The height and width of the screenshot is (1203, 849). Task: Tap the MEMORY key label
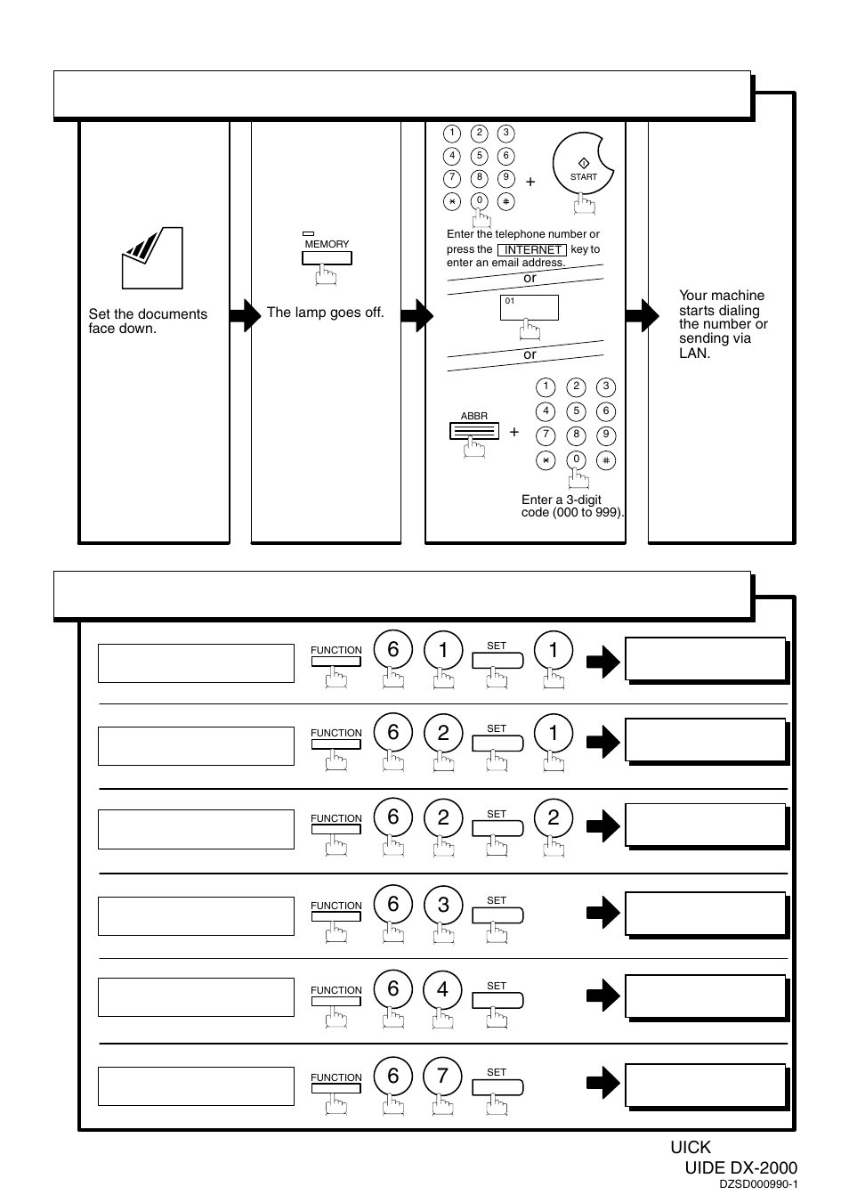click(x=327, y=244)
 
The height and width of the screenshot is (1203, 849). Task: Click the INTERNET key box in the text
click(x=532, y=249)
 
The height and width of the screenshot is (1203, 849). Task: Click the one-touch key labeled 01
click(x=529, y=307)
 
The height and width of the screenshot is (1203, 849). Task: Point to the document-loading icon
click(x=152, y=257)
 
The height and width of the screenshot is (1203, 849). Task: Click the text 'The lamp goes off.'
click(x=326, y=313)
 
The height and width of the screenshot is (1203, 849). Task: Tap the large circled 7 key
click(x=443, y=1076)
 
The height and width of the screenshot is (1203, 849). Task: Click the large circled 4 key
click(x=443, y=988)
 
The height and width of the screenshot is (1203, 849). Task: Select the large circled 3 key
click(x=443, y=905)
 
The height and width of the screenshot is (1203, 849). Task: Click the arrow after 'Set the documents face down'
click(x=245, y=315)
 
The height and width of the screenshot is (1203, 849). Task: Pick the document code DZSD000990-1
click(x=757, y=1184)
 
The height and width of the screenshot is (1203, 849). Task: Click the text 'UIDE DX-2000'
click(x=740, y=1167)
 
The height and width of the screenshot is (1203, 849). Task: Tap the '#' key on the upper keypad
click(x=505, y=202)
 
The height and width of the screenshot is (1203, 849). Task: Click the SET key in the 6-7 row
click(x=497, y=1087)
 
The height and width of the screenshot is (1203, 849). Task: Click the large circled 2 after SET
click(x=553, y=817)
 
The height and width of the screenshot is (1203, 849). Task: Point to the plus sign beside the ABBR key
click(x=514, y=432)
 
